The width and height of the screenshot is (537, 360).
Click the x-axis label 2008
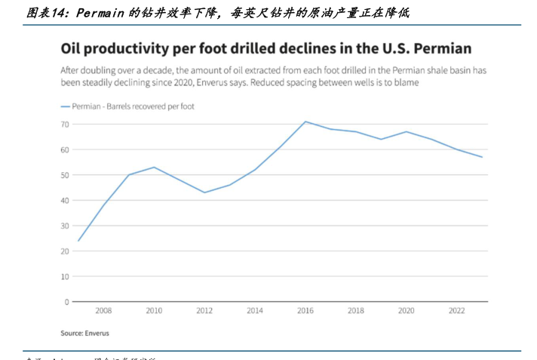click(103, 310)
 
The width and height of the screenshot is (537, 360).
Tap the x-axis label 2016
click(305, 310)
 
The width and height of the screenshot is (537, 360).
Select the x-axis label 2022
click(457, 310)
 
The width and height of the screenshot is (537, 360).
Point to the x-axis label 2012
click(204, 310)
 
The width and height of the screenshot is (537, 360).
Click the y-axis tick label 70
click(65, 124)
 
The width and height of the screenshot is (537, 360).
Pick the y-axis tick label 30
click(65, 226)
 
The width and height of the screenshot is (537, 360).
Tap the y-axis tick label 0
click(67, 302)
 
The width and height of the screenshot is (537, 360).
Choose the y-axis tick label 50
click(65, 175)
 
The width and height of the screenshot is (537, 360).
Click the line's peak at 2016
click(305, 122)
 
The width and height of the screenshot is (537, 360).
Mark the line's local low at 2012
click(204, 192)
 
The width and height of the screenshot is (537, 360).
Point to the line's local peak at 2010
click(154, 167)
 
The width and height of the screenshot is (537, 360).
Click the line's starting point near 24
click(78, 241)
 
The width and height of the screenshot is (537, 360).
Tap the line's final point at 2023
click(482, 157)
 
